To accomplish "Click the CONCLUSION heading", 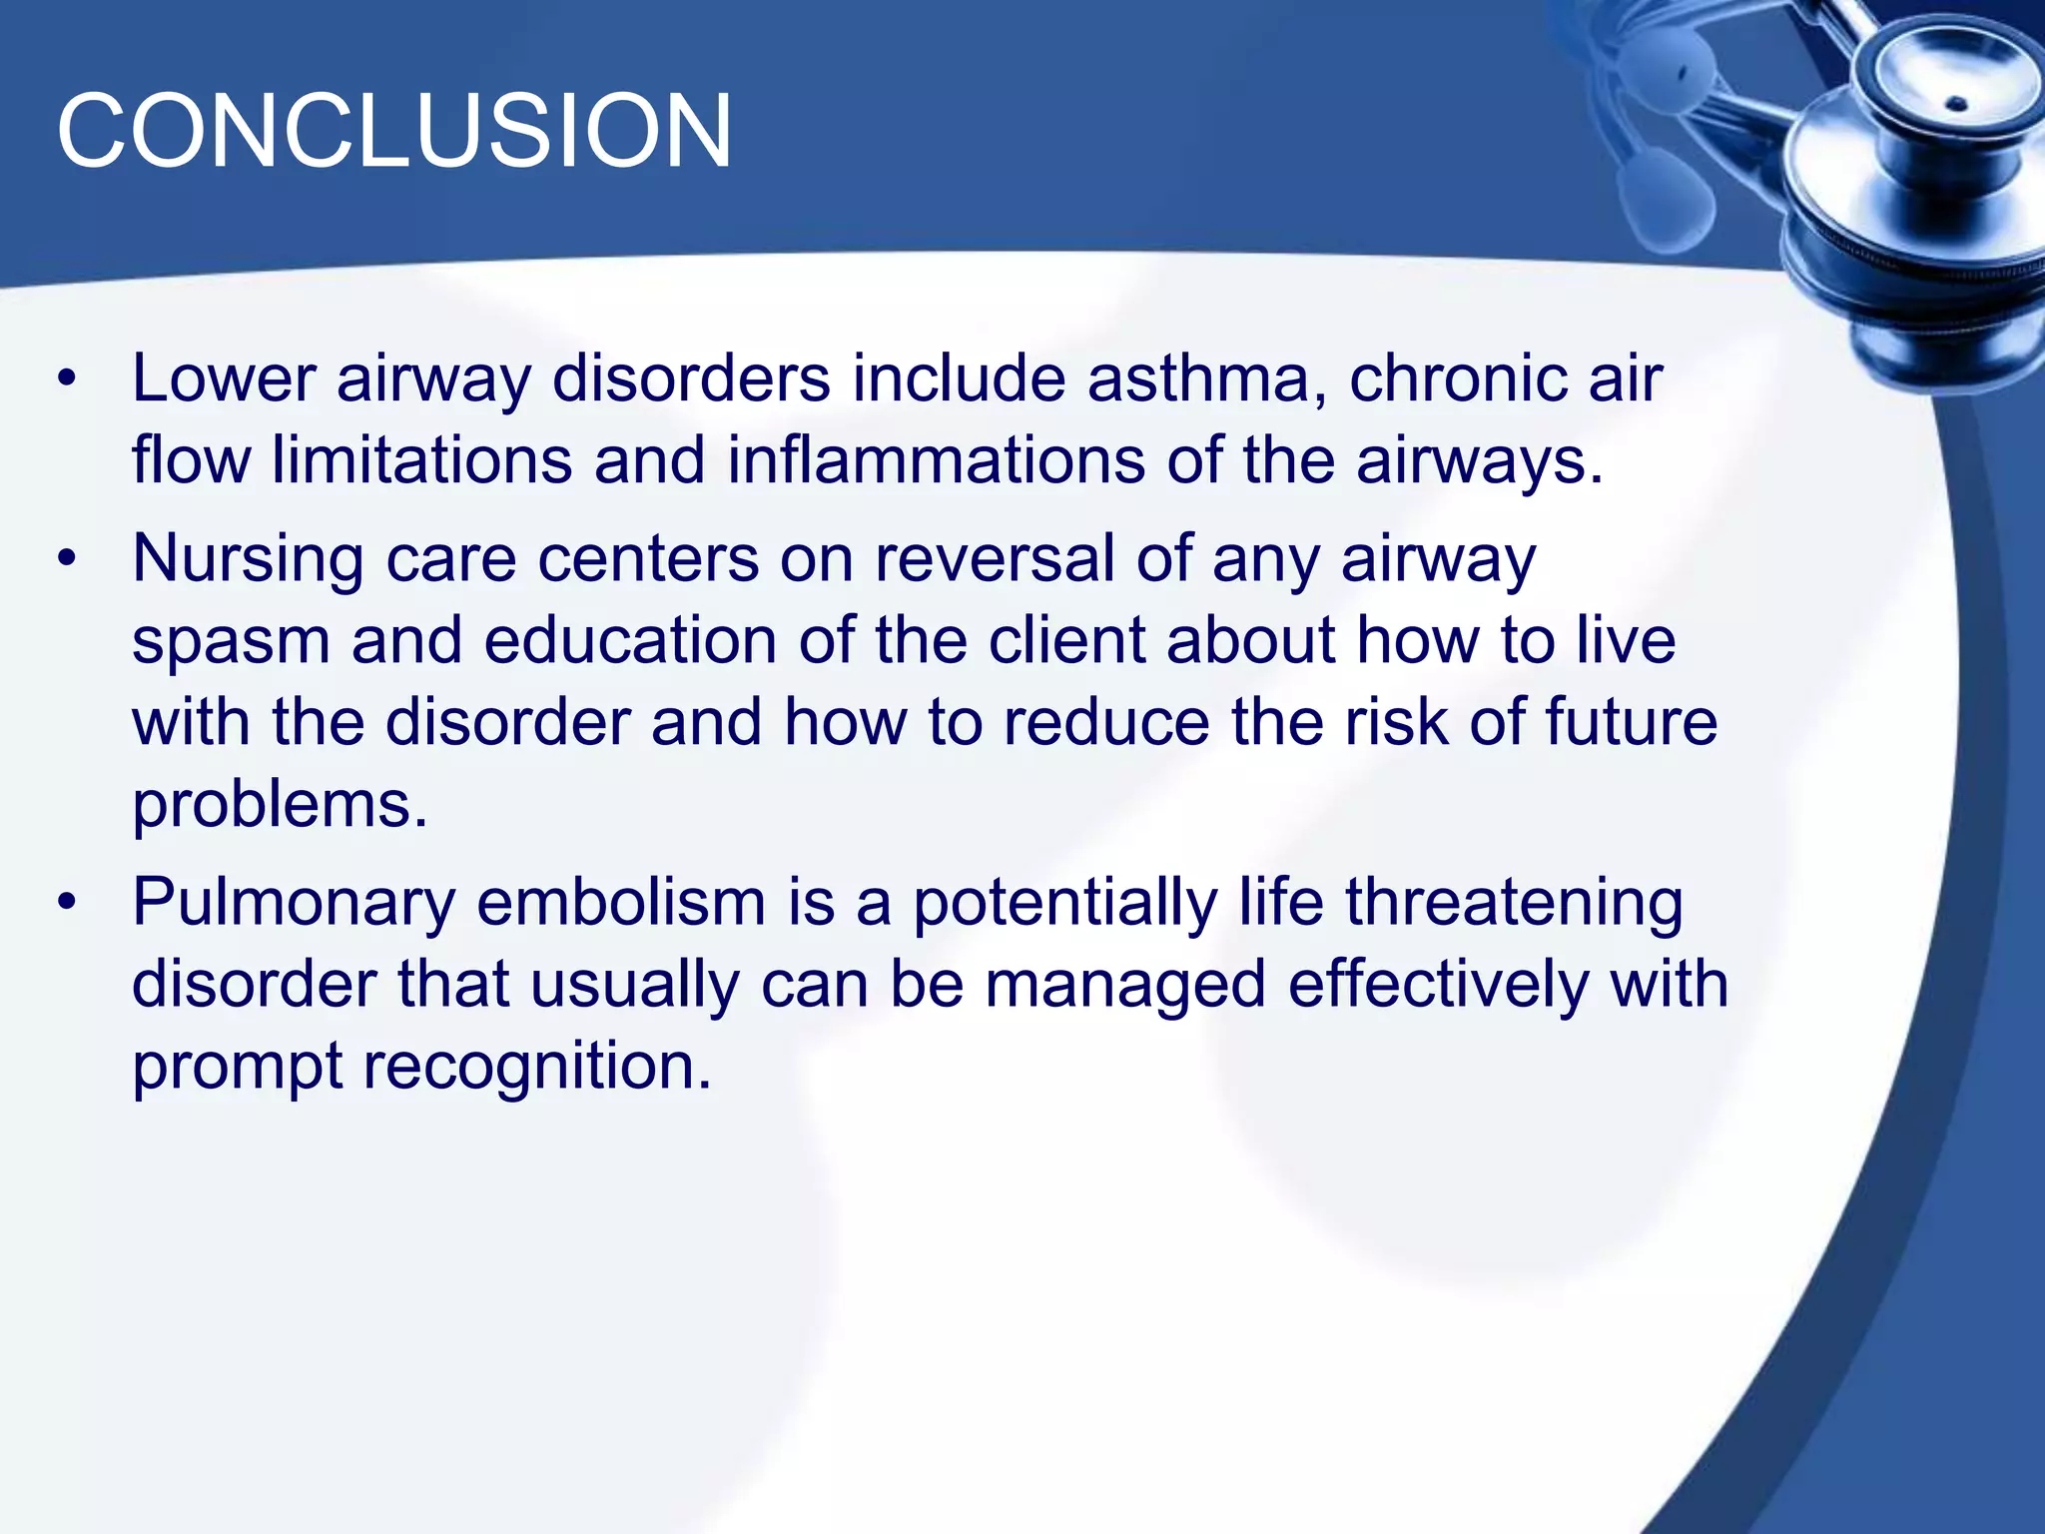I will (394, 131).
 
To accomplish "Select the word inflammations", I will (935, 460).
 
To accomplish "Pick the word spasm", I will (231, 642).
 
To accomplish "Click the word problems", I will (280, 805).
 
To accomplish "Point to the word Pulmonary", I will (294, 904).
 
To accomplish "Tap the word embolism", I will (620, 902).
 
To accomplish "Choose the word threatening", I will (1514, 904).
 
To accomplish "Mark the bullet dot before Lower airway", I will (67, 380).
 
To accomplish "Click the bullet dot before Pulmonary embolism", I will (67, 903).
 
